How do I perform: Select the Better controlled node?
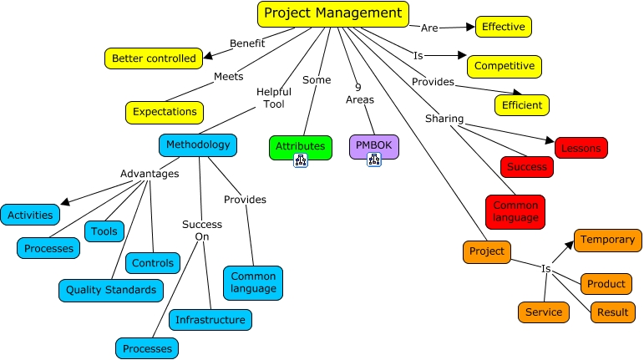tap(153, 58)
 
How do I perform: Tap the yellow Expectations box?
tap(165, 111)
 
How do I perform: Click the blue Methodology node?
tap(197, 145)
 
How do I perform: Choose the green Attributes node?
tap(300, 146)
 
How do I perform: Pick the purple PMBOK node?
tap(373, 146)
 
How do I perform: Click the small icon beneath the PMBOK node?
tap(373, 159)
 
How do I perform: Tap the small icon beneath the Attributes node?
tap(301, 159)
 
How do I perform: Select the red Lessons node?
tap(581, 148)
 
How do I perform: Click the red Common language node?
tap(515, 212)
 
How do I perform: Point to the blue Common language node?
tap(252, 282)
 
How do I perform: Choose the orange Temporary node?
tap(607, 240)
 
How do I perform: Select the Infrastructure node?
tap(210, 319)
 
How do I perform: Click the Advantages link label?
tap(150, 174)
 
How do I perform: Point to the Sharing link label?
tap(444, 119)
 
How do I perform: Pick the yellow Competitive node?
tap(505, 66)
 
